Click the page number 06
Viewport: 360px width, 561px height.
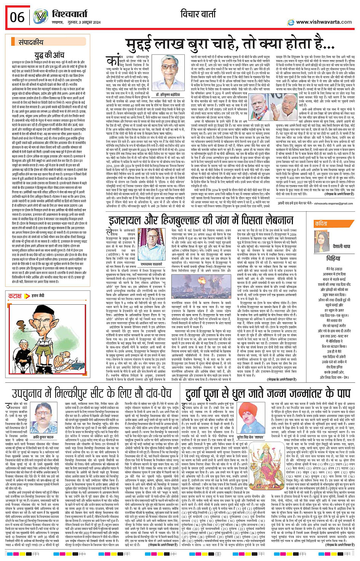click(17, 17)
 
